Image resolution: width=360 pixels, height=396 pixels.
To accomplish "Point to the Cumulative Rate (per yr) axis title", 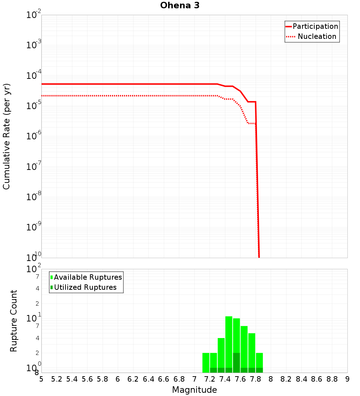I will click(x=6, y=136).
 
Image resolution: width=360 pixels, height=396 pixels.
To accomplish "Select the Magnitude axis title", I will click(x=194, y=390).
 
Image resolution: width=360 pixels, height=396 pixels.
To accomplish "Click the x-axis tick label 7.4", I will click(x=225, y=379).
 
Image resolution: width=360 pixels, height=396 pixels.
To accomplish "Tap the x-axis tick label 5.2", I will click(x=57, y=379).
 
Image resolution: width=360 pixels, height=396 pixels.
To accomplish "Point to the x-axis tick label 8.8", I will click(x=332, y=379).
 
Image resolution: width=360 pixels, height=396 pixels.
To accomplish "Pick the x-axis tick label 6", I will click(x=118, y=379).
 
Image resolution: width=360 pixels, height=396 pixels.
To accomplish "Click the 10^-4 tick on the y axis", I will click(x=34, y=76).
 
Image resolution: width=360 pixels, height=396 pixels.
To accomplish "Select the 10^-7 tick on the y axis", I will click(x=34, y=167).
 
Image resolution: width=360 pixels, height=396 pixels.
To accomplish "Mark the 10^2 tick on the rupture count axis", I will click(x=34, y=269).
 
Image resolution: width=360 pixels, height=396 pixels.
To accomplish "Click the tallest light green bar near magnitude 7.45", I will click(x=229, y=342).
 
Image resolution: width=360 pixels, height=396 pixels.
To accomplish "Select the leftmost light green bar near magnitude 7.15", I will click(x=206, y=362).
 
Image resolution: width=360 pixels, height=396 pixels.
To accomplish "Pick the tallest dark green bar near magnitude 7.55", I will click(x=237, y=363).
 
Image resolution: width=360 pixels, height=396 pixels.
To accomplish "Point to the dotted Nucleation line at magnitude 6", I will click(x=118, y=96).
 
